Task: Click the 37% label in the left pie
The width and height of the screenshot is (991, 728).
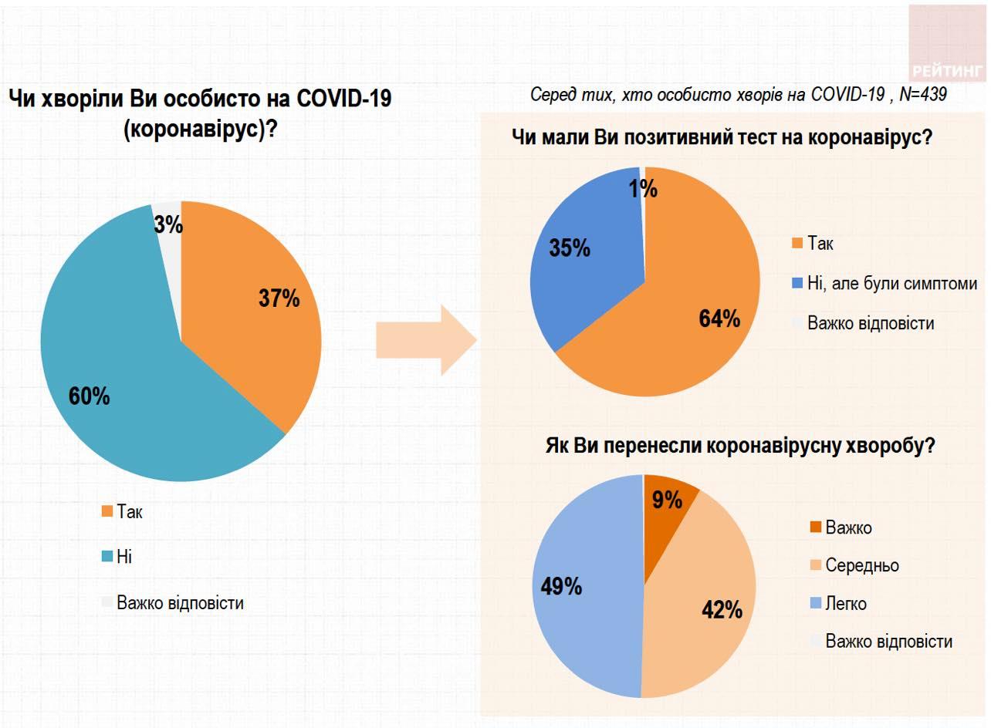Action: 279,298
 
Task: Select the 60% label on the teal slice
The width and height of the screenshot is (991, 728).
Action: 89,396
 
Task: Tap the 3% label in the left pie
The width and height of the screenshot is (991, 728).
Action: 168,224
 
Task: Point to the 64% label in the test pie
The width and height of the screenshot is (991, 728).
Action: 719,318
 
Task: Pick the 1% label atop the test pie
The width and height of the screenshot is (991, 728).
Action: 642,189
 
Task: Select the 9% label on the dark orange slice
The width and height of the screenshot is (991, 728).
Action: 667,500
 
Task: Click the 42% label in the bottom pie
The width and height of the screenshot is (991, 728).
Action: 722,610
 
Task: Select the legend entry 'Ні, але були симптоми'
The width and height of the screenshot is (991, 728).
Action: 892,283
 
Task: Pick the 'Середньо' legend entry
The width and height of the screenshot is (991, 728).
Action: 862,565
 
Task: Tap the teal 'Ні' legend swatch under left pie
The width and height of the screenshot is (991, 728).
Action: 107,556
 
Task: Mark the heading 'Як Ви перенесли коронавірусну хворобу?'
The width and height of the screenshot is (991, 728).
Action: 739,447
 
